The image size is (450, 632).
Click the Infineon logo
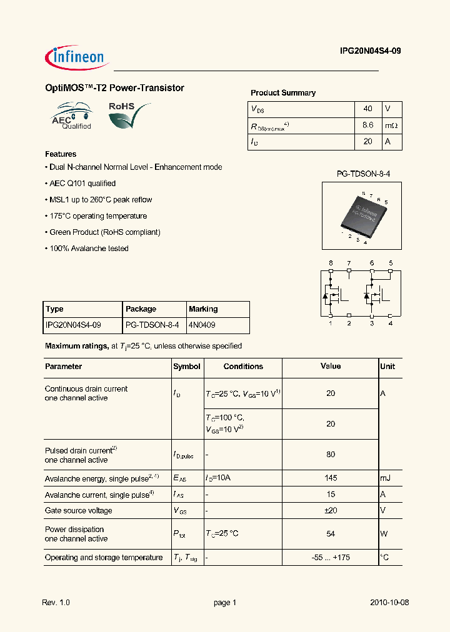pos(76,57)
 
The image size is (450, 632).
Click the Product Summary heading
pos(283,93)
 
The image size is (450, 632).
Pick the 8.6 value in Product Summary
pos(367,125)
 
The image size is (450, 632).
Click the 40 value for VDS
pos(367,109)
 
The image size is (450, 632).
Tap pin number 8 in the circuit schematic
pos(331,263)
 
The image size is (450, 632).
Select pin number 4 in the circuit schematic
pos(390,323)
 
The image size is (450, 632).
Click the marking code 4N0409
pos(202,325)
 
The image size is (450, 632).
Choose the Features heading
pos(61,154)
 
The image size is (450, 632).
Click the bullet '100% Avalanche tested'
pos(87,249)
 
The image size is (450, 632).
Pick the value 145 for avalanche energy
pos(331,478)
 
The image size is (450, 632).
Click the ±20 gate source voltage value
pos(331,510)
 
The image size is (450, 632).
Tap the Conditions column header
pos(243,367)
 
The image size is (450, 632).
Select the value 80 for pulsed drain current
pos(331,455)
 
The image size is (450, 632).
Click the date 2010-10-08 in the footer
pos(389,603)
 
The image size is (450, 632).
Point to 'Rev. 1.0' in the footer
pos(56,603)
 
